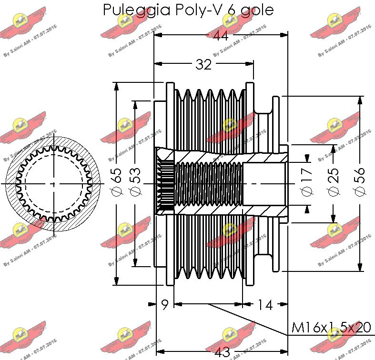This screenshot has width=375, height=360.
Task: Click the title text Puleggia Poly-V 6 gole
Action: pos(189,10)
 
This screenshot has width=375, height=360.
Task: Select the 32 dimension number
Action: pos(203,64)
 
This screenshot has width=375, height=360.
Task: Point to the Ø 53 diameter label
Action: pos(135,184)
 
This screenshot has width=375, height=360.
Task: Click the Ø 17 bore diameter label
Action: pos(306,184)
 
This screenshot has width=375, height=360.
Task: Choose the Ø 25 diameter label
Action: pos(333,184)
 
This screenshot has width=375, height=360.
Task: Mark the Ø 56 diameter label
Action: pos(360,184)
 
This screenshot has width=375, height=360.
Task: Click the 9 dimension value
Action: pos(165,305)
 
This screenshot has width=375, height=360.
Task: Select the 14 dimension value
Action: pos(265,305)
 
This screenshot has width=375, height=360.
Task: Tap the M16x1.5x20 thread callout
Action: pos(331,328)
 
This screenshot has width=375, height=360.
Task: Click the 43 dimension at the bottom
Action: pos(222,353)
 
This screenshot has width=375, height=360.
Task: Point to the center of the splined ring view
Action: pos(53,184)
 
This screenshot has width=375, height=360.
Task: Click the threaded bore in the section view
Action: pos(209,184)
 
